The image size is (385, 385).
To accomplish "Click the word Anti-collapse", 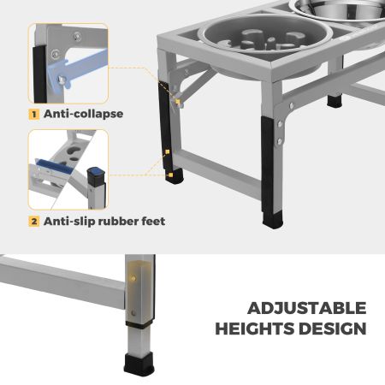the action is [x=83, y=114].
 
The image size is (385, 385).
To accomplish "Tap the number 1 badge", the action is [x=34, y=115].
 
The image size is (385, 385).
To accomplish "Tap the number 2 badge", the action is [x=34, y=222].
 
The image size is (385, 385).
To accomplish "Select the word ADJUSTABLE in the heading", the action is [x=307, y=308].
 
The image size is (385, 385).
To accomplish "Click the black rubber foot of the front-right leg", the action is [x=273, y=220].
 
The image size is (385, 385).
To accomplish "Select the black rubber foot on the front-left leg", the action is [x=175, y=176].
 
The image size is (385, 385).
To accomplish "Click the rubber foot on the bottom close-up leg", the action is [x=139, y=364].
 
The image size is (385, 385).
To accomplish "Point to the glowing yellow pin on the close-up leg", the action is [x=133, y=278].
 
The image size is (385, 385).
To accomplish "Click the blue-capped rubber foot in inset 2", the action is [x=97, y=176].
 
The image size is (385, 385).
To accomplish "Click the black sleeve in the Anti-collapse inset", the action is [x=39, y=74].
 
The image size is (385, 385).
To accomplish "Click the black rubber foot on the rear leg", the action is [x=335, y=101].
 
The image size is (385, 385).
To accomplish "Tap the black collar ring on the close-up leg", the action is [x=139, y=323].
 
